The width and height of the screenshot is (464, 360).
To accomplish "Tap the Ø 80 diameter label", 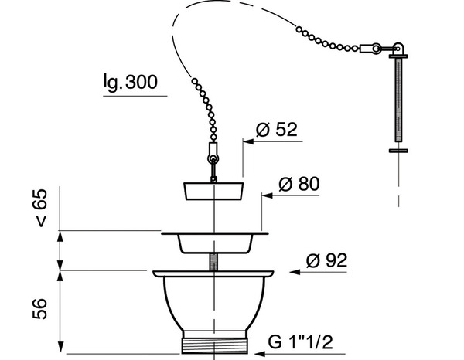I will coord(300,185).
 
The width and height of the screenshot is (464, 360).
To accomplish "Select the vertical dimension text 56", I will coord(43,307).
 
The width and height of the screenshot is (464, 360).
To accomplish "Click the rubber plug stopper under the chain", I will coord(214,191).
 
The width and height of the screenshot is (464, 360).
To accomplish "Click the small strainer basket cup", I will coord(214,243).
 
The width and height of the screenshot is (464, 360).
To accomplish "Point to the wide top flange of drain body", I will coord(213,273).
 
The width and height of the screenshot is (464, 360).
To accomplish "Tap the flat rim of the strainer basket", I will coord(214,231).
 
